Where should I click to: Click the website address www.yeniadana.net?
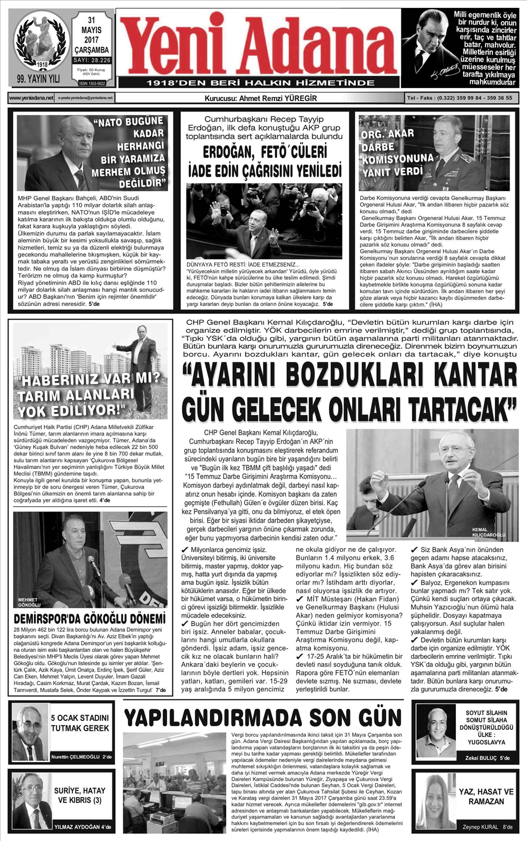31,98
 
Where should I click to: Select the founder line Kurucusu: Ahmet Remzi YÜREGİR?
260,98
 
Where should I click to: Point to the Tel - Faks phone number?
459,98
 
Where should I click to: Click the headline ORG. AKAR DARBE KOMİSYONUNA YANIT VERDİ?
396,153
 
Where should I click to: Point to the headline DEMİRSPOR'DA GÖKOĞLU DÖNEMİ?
89,619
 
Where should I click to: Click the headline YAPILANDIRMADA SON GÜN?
263,717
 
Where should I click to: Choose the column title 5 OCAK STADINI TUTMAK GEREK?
80,723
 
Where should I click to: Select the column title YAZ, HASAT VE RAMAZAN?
485,797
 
